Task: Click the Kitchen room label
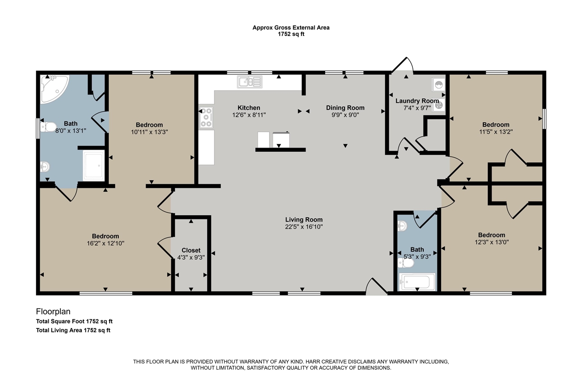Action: pyautogui.click(x=249, y=108)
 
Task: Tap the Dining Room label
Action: pyautogui.click(x=345, y=108)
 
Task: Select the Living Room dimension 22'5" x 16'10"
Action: pyautogui.click(x=304, y=227)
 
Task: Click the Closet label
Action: pyautogui.click(x=191, y=250)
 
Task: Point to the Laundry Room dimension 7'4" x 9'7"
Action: pyautogui.click(x=417, y=108)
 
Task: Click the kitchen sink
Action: pyautogui.click(x=250, y=82)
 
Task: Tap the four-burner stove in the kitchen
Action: pyautogui.click(x=206, y=117)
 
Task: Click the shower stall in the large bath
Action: pyautogui.click(x=94, y=166)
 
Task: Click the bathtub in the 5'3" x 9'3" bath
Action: pyautogui.click(x=417, y=282)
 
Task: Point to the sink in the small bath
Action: pyautogui.click(x=402, y=226)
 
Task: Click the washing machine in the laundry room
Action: pyautogui.click(x=439, y=84)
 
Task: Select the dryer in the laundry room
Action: pyautogui.click(x=439, y=105)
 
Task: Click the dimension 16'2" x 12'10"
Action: pyautogui.click(x=105, y=243)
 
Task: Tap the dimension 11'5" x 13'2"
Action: pyautogui.click(x=496, y=132)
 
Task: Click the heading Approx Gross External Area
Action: pyautogui.click(x=291, y=28)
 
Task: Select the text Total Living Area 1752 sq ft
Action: pyautogui.click(x=73, y=330)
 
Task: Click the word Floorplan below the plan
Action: pyautogui.click(x=53, y=311)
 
